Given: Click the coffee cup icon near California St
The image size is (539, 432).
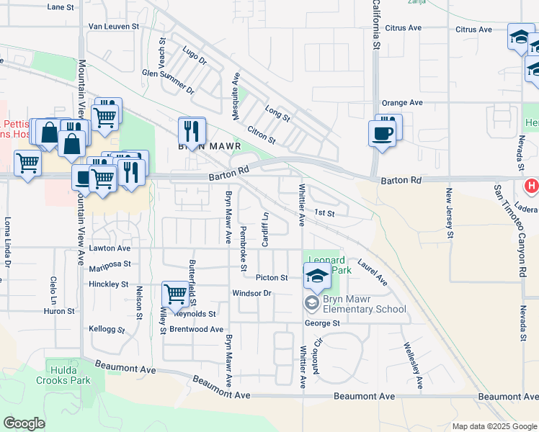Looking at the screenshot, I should pos(382,133).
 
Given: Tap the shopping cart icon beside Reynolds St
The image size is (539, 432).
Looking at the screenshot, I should pos(175,294).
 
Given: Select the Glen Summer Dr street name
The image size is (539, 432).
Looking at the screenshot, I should pos(169,82).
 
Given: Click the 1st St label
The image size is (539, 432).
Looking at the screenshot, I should pos(325,213).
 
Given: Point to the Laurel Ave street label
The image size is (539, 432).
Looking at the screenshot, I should pos(372,273).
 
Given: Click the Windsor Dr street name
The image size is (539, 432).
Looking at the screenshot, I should pos(251,293).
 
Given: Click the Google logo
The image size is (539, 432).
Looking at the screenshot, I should pos(24,423).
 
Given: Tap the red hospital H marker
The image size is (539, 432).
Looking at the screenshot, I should pos(533,186).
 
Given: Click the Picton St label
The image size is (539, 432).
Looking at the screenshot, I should pos(272,277).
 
